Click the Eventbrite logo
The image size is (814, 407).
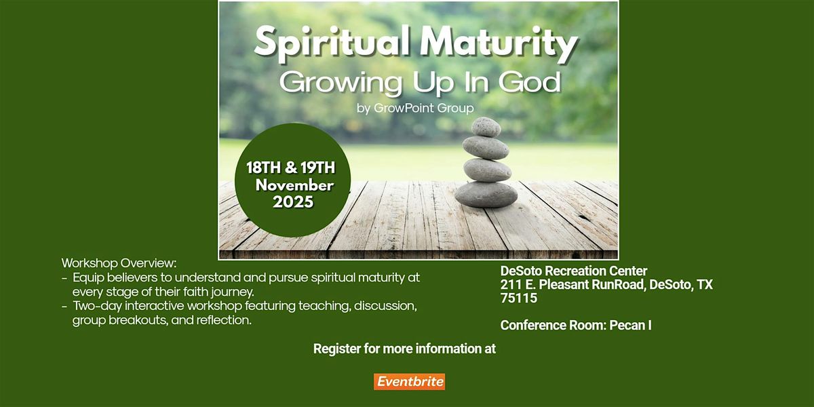pyautogui.click(x=409, y=382)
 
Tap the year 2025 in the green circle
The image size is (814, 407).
pyautogui.click(x=293, y=201)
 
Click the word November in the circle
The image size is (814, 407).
pyautogui.click(x=294, y=185)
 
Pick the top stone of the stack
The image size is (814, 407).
pyautogui.click(x=486, y=127)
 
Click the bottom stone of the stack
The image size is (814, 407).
pyautogui.click(x=486, y=194)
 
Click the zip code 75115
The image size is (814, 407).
pyautogui.click(x=519, y=298)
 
